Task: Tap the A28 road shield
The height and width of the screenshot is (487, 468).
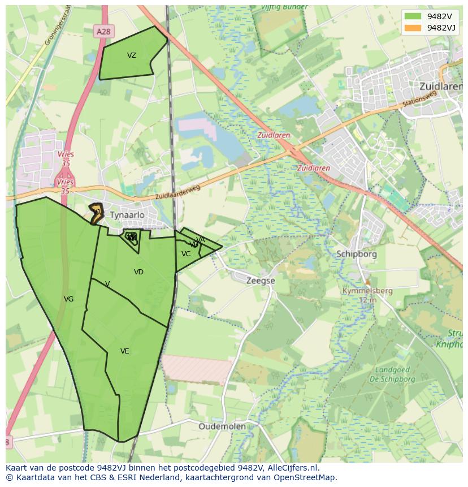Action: pos(103,32)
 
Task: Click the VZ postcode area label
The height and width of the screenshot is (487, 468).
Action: pos(132,55)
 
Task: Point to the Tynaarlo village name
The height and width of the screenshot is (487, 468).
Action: pos(127,215)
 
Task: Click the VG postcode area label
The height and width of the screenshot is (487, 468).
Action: pos(68,299)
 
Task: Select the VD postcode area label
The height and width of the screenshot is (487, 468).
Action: pos(138,272)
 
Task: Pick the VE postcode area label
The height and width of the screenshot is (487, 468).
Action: pos(125,351)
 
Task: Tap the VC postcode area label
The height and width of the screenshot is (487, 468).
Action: pos(186,254)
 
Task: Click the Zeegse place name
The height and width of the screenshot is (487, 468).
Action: pos(261,281)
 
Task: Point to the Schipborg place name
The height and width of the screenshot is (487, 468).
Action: pos(356,254)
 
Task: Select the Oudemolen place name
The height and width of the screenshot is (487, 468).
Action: pos(222,426)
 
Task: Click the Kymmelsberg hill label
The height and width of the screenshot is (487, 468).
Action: pos(367,291)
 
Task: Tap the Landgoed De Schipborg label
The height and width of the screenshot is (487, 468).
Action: pos(396,374)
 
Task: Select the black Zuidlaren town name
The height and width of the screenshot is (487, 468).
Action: pos(441,87)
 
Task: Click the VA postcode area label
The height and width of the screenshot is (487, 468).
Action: pos(201,240)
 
